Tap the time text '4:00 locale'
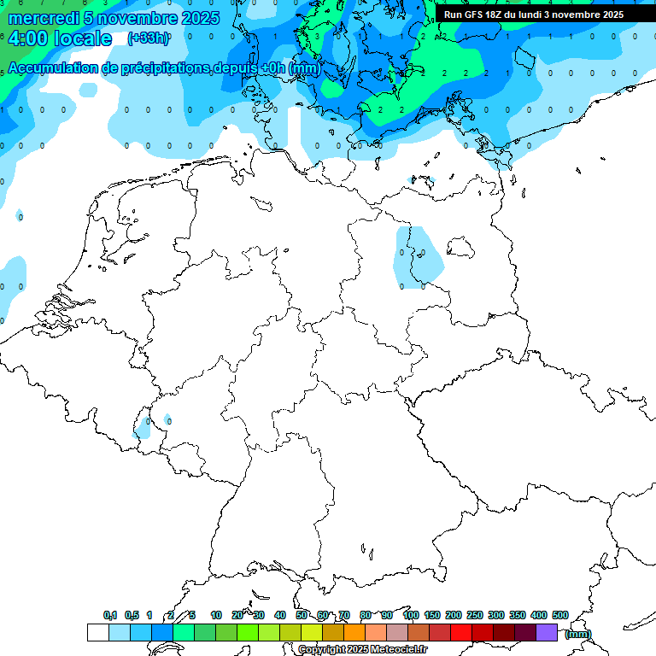point(60,38)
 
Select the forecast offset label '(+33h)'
point(148,38)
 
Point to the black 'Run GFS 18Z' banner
point(534,15)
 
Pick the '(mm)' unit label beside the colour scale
point(578,634)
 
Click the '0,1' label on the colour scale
point(110,615)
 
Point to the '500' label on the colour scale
point(560,615)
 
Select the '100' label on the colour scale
point(411,615)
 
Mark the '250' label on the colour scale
point(475,615)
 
